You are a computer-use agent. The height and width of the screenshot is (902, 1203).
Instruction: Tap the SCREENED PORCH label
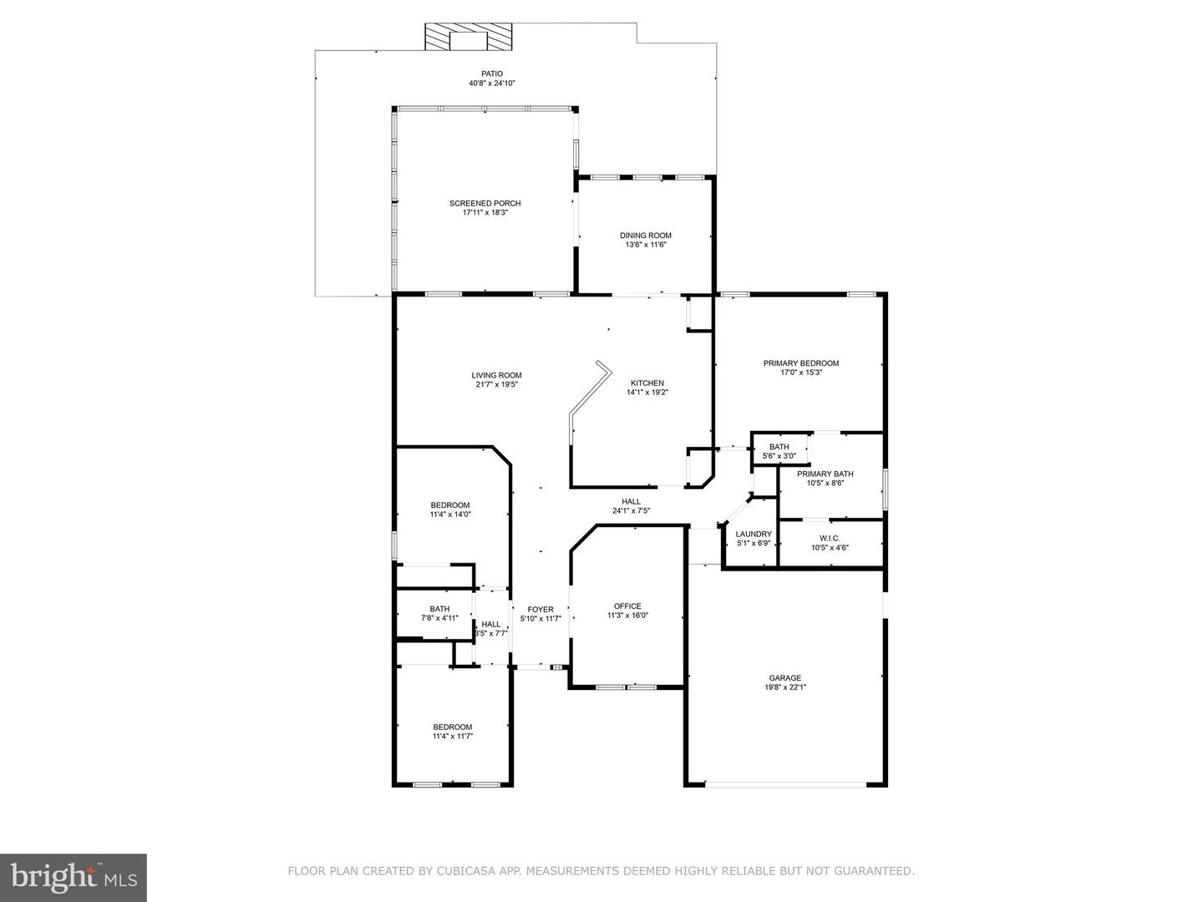pos(485,203)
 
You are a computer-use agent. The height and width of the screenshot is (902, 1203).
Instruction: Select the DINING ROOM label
pos(645,236)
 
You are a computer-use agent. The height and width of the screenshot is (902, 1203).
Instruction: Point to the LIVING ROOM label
pos(496,375)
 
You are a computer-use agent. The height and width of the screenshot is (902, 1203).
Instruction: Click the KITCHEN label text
pos(647,383)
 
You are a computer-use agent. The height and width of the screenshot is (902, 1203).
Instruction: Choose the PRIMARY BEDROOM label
pos(800,363)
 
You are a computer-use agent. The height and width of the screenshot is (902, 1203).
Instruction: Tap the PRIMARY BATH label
pos(825,474)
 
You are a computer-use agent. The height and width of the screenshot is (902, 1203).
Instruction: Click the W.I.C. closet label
pos(830,538)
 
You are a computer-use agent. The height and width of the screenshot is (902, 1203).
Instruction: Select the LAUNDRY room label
pos(753,534)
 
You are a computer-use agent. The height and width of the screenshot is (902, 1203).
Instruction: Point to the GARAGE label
pos(784,678)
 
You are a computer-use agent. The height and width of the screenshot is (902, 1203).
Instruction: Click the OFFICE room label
pos(627,606)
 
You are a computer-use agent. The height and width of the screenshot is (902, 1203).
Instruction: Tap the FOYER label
pos(541,610)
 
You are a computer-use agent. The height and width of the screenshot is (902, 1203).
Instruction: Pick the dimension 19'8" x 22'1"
pos(784,687)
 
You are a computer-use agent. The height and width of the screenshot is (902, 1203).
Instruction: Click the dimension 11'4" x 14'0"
pos(450,514)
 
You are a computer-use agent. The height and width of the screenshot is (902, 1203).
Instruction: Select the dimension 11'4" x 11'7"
pos(452,736)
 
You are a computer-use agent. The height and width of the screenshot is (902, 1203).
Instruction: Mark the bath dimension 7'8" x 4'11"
pos(439,618)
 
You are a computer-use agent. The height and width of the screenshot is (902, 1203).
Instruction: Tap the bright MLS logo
pos(74,877)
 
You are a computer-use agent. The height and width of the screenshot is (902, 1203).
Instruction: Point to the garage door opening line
pos(785,783)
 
